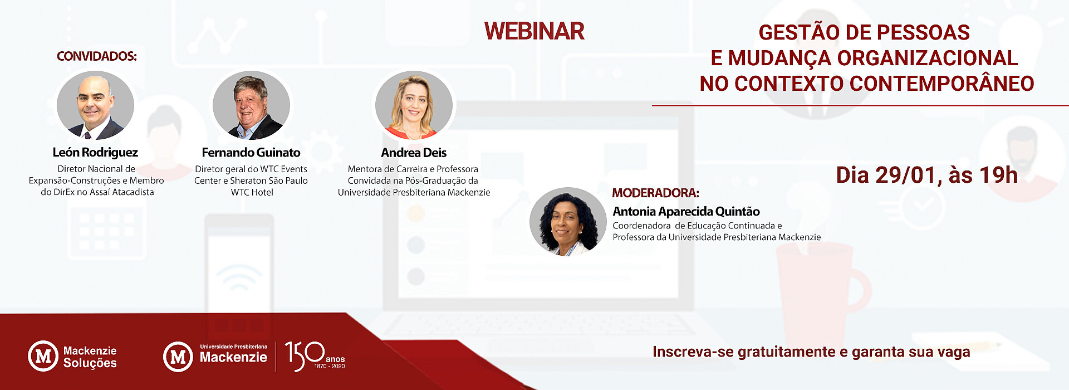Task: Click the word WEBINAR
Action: coord(534,31)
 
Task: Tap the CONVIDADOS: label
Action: coord(97,56)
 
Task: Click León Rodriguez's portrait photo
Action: coord(95,105)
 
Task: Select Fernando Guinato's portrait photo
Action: coord(251,105)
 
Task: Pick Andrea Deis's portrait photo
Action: coord(414,105)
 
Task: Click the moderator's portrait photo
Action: coord(568,222)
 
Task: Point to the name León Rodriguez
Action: coord(95,153)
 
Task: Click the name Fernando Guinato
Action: coord(251,153)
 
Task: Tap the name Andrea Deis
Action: coord(414,153)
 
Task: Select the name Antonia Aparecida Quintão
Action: coord(686,212)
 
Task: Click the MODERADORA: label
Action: coord(655,193)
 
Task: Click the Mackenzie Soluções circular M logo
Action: coord(43,356)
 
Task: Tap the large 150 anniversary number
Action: coord(305,356)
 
